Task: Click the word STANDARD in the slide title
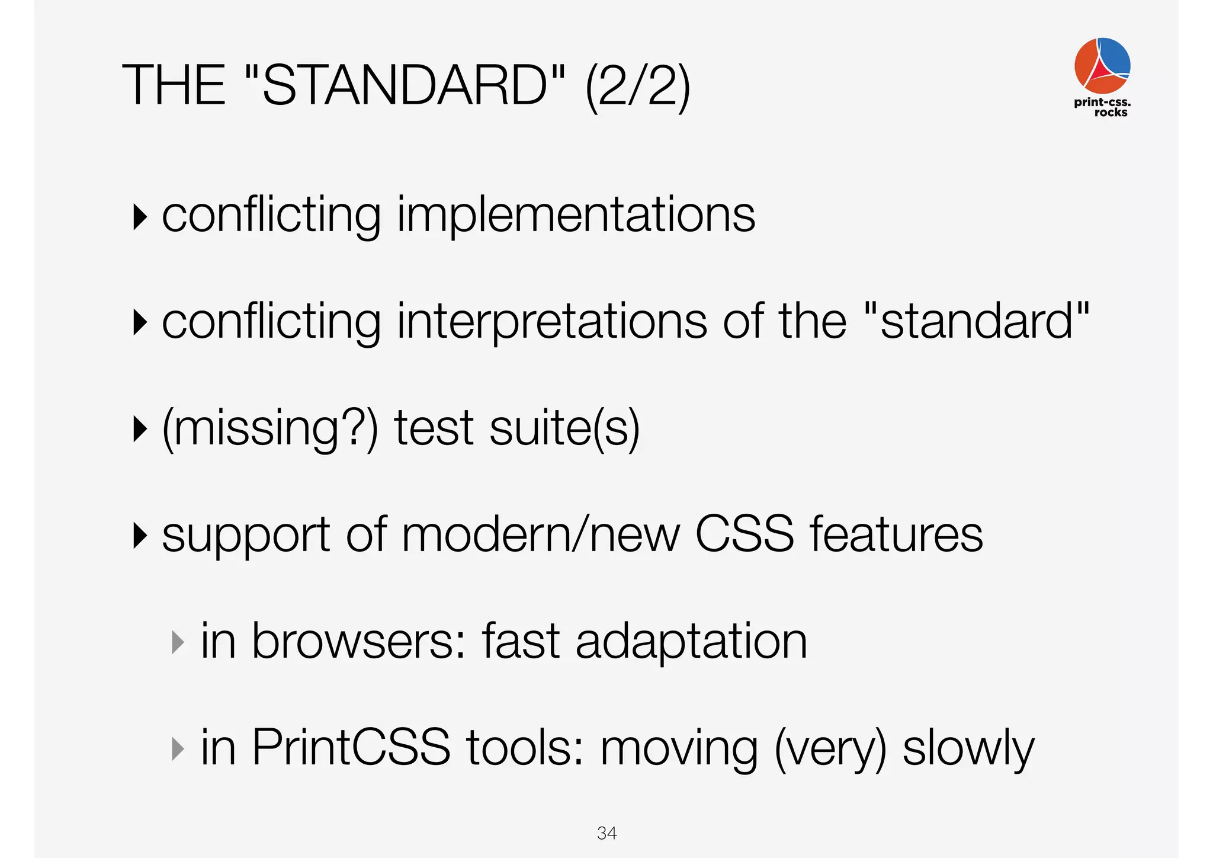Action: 405,86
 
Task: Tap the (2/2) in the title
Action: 637,87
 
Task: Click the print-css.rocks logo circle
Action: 1102,65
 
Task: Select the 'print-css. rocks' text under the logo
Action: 1102,107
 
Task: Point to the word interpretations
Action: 552,321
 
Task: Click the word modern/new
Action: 541,534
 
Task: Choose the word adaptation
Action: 691,641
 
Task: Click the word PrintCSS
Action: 351,748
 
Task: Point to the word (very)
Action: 830,749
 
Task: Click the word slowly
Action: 968,749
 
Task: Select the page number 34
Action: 606,833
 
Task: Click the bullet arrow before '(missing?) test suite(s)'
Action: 140,429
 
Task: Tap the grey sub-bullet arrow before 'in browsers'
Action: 177,642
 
